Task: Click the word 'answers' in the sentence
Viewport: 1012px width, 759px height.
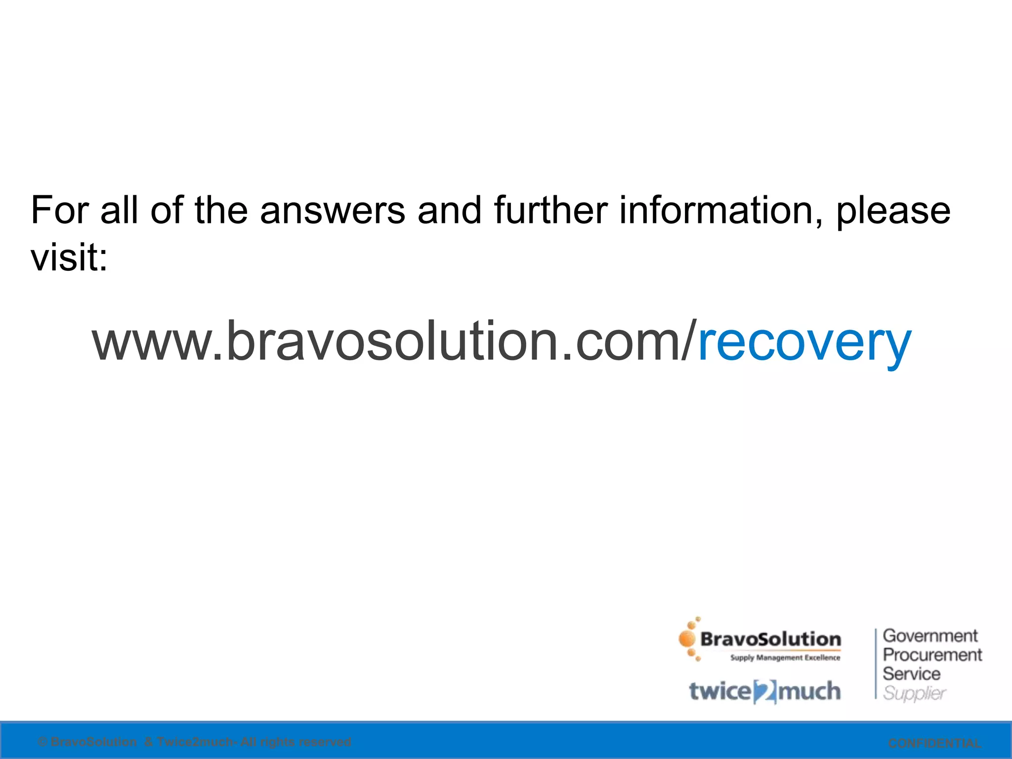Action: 333,211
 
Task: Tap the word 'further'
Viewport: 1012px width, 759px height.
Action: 550,210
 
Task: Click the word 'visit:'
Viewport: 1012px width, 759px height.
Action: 69,257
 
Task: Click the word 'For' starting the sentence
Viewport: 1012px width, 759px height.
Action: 60,210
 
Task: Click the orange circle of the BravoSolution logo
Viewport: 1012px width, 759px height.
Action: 687,639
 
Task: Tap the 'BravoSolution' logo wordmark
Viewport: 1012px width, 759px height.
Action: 770,639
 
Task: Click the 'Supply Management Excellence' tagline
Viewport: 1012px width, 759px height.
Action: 785,658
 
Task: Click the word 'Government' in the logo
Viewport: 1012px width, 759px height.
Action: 930,635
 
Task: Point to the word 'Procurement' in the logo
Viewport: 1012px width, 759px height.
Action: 932,655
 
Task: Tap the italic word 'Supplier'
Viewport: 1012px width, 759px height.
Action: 914,693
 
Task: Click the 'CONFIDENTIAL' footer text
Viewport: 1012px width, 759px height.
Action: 934,743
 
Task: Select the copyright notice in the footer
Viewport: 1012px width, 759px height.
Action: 195,742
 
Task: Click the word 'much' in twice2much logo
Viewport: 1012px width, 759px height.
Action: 809,691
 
